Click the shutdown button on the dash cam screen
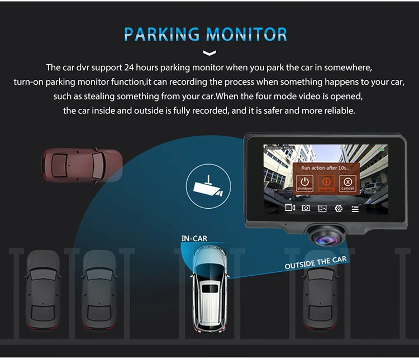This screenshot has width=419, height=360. [x=304, y=184]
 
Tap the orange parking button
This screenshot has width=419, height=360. [x=326, y=184]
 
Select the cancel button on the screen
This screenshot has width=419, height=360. [x=347, y=184]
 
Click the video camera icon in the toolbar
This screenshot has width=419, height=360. [x=289, y=208]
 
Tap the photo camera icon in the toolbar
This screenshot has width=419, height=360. [x=306, y=208]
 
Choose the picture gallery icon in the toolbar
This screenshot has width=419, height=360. [x=322, y=208]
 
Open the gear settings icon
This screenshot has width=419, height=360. [x=339, y=209]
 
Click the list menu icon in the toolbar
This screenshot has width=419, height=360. [x=355, y=209]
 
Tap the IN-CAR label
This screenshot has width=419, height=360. [x=194, y=238]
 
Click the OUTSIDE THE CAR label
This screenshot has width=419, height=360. [x=316, y=262]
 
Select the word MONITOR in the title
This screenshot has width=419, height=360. [x=247, y=35]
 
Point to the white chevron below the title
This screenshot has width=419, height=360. [x=209, y=54]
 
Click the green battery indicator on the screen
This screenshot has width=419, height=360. [x=382, y=149]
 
